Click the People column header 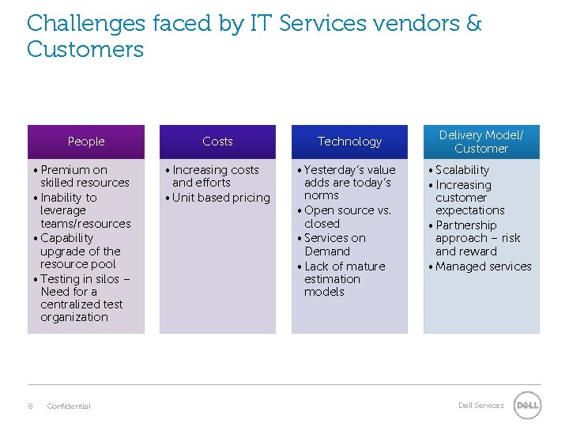86,142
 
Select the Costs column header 217,142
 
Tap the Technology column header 349,142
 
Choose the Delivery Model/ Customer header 481,142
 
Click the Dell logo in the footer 527,406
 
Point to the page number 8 30,406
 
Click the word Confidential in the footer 69,406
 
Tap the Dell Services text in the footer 480,406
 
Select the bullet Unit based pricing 220,198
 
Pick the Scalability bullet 462,170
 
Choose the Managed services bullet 483,266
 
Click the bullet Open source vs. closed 347,217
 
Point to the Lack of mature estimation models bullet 344,279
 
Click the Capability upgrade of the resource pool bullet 80,251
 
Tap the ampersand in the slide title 473,24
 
